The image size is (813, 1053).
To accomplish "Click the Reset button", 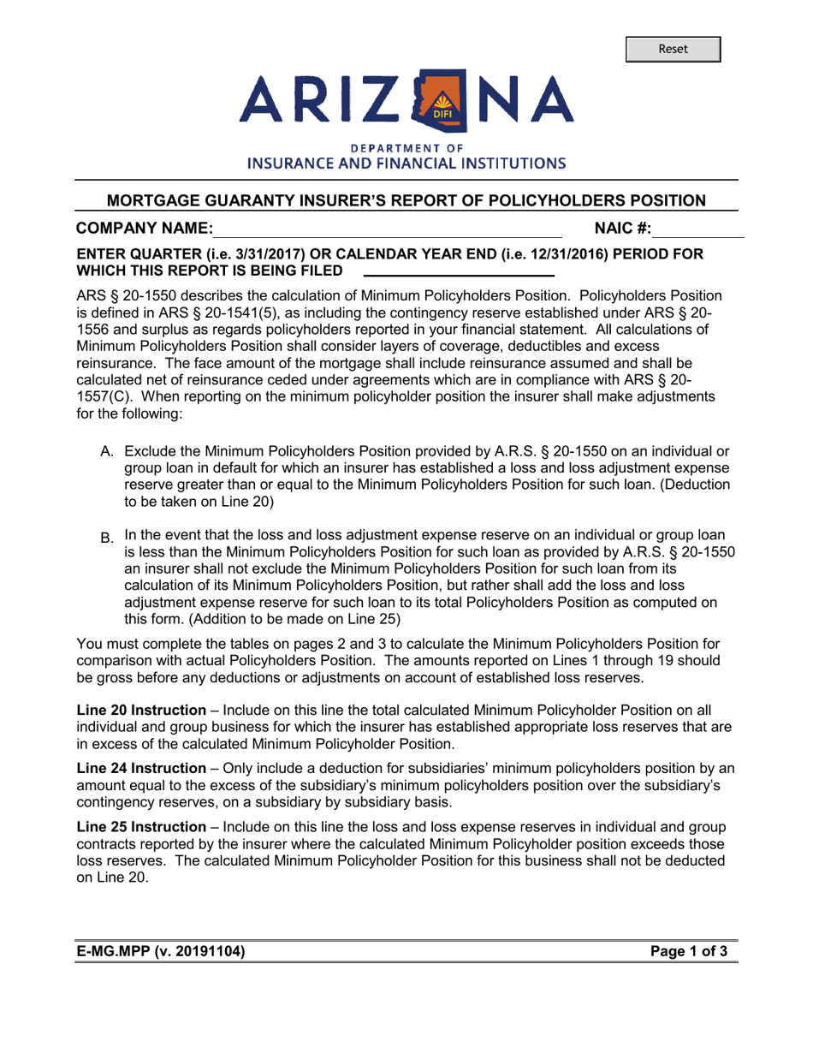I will [672, 49].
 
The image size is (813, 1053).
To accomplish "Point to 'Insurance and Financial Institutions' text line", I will [406, 163].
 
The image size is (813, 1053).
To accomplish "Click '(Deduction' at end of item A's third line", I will [691, 485].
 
